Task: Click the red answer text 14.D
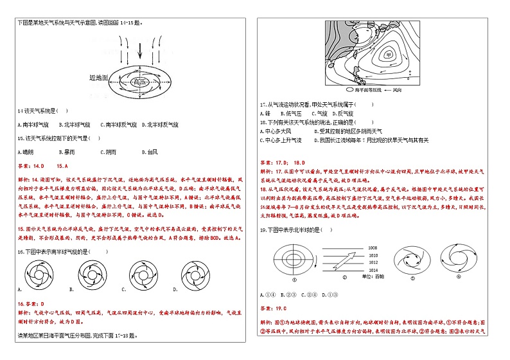pos(37,166)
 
